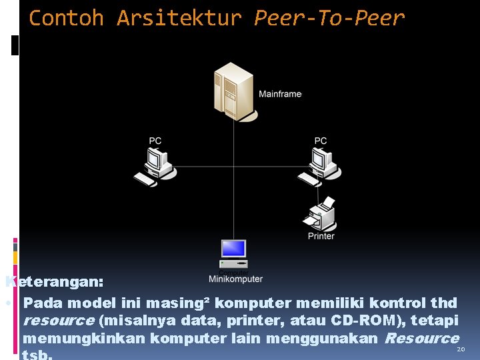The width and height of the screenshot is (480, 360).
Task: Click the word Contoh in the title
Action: pos(66,18)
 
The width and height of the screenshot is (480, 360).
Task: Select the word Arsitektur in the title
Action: pos(179,18)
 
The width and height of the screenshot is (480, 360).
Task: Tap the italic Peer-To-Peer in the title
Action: pos(329,18)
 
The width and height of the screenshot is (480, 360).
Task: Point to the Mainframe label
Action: pos(280,94)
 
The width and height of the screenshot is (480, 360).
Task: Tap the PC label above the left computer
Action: pos(155,141)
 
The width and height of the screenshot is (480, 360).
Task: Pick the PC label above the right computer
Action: pos(321,141)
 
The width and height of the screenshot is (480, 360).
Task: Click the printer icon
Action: pos(321,215)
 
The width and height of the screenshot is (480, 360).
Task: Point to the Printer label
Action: pos(321,236)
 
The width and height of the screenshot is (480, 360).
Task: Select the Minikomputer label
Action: pos(235,279)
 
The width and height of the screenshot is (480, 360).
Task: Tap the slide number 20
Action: pos(459,349)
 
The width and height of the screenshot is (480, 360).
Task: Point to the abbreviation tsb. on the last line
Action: pos(37,355)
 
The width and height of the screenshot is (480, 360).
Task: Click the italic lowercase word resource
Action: pos(58,321)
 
